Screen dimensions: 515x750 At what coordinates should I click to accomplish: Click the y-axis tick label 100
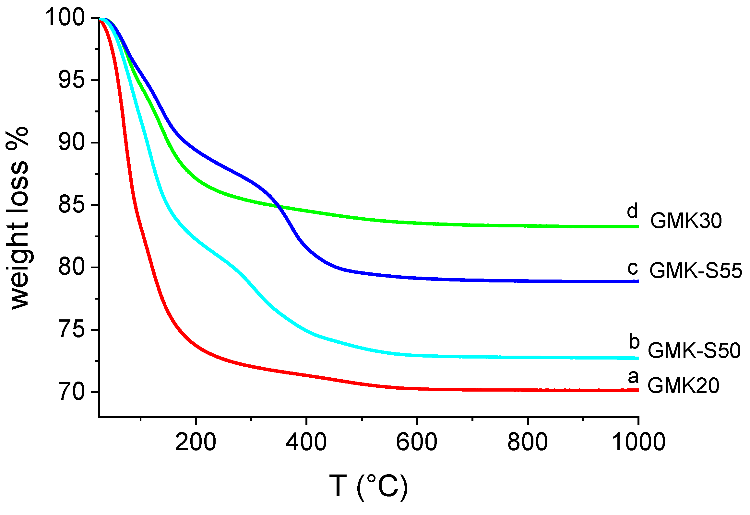pyautogui.click(x=65, y=17)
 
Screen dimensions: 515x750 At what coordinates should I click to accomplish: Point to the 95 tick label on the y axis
pyautogui.click(x=71, y=80)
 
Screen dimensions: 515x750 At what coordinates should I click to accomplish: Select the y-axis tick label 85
pyautogui.click(x=71, y=205)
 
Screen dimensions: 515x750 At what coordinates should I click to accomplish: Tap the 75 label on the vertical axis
pyautogui.click(x=71, y=329)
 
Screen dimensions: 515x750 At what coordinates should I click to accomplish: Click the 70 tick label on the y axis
pyautogui.click(x=71, y=392)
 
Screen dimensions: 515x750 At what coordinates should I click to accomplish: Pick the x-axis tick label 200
pyautogui.click(x=196, y=442)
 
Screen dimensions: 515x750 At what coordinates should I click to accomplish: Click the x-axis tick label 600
pyautogui.click(x=417, y=442)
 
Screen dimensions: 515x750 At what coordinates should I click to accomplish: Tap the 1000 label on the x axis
pyautogui.click(x=638, y=442)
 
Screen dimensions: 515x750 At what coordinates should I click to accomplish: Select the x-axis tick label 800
pyautogui.click(x=528, y=442)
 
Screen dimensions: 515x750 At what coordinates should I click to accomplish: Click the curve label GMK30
pyautogui.click(x=686, y=221)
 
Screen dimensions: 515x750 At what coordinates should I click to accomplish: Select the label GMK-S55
pyautogui.click(x=696, y=271)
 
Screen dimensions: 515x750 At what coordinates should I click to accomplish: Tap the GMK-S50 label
pyautogui.click(x=694, y=350)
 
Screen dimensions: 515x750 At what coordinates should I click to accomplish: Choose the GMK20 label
pyautogui.click(x=684, y=386)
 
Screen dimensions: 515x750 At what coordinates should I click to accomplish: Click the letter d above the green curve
pyautogui.click(x=632, y=211)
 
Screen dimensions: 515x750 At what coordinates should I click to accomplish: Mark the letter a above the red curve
pyautogui.click(x=633, y=377)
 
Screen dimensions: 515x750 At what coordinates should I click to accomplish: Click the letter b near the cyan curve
pyautogui.click(x=634, y=342)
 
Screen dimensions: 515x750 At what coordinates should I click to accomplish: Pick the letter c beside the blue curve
pyautogui.click(x=632, y=269)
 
